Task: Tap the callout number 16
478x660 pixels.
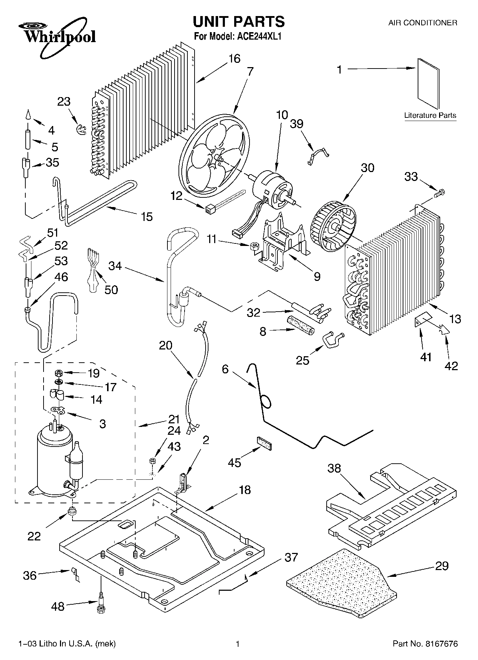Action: [x=234, y=59]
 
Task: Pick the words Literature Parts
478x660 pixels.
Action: [x=430, y=116]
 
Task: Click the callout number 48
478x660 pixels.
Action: [x=58, y=606]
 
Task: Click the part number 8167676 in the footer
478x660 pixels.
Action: [x=441, y=644]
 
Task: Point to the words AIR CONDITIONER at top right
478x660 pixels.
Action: [x=422, y=23]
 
